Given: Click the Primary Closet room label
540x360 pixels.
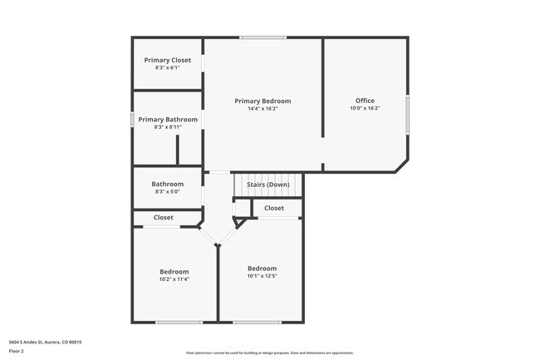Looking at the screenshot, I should [x=168, y=60].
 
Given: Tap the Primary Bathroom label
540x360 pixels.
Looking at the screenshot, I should [x=168, y=120].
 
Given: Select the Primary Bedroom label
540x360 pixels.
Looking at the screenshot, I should [x=263, y=101].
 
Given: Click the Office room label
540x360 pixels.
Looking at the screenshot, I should [x=365, y=101].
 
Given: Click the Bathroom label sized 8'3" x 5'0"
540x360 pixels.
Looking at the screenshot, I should [x=168, y=184].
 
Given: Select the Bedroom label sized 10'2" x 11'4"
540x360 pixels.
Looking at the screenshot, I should [x=174, y=272].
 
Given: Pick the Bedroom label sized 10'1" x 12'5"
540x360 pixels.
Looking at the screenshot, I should [x=262, y=268].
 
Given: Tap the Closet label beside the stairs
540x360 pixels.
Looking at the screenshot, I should [x=274, y=208].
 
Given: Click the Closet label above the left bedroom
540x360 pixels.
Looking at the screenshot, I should [x=164, y=218].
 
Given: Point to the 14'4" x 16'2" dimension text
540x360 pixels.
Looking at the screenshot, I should [x=263, y=109].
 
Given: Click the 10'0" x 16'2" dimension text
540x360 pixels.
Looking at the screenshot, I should [x=365, y=109].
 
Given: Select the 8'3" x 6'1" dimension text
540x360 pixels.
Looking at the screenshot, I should [x=168, y=67].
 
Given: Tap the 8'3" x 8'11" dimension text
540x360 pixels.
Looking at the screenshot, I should [x=168, y=127].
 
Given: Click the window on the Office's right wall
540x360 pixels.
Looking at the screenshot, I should [x=407, y=114].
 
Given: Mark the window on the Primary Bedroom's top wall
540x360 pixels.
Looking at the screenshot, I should [x=263, y=37].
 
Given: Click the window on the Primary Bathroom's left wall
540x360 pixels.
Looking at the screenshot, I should [x=133, y=120].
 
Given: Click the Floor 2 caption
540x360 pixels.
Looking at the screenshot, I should [x=17, y=350].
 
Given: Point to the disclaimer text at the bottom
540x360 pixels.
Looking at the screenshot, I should [x=269, y=353].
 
